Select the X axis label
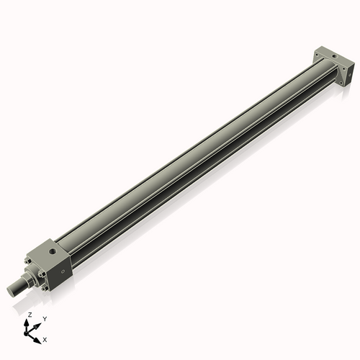(x=45, y=338)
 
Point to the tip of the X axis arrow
(x=40, y=336)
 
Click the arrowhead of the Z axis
(x=29, y=321)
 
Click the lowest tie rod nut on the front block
(x=46, y=288)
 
